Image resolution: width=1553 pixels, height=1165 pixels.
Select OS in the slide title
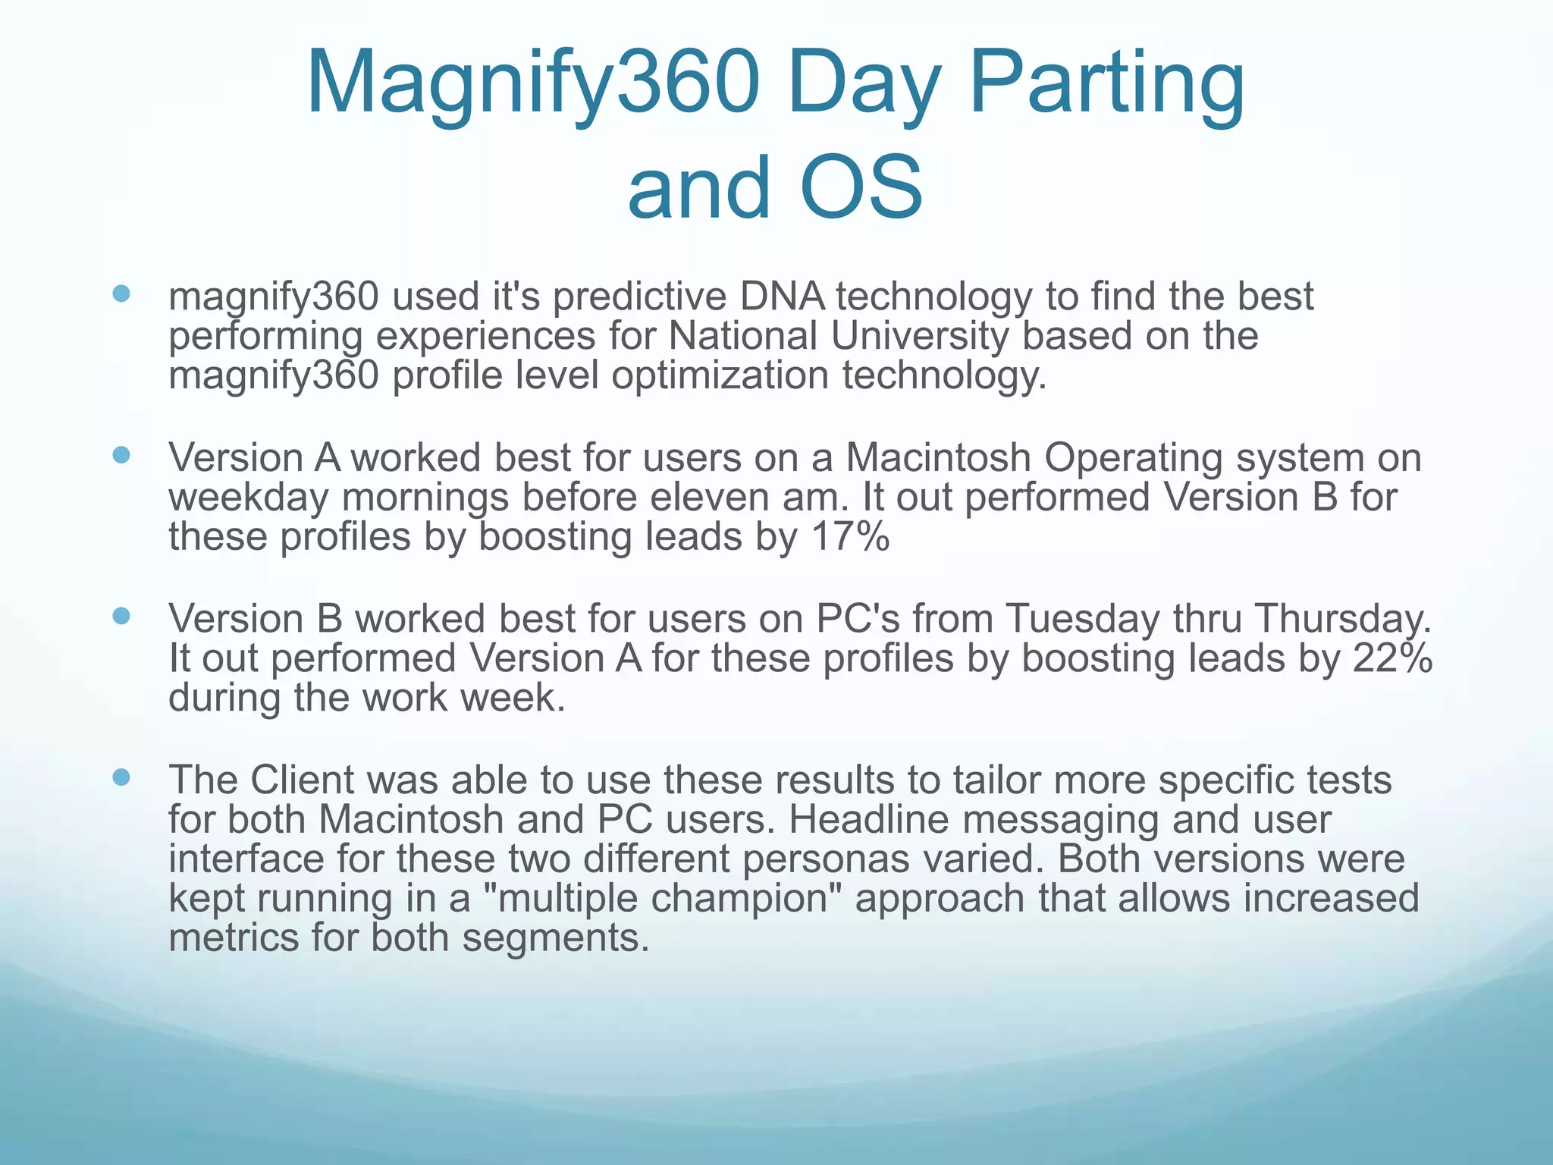[x=861, y=187]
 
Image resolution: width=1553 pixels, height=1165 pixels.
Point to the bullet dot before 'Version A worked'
[x=121, y=455]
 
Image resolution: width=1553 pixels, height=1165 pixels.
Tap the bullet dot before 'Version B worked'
[x=121, y=616]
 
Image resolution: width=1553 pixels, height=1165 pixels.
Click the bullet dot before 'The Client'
[x=121, y=777]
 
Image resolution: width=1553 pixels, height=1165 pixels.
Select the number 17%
[x=850, y=537]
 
